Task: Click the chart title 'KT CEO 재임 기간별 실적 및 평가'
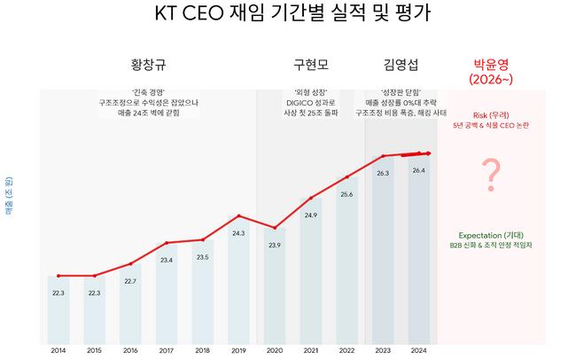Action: pos(288,16)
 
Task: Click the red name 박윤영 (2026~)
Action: pos(488,71)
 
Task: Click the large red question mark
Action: pos(488,175)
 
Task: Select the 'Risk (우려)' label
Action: pos(488,115)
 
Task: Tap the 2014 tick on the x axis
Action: pos(58,350)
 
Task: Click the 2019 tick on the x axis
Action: pos(238,350)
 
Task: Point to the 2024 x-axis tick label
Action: pos(419,350)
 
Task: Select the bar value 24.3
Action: pos(238,233)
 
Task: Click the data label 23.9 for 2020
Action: pos(275,245)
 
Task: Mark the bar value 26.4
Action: pos(419,170)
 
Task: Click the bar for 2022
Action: pos(346,266)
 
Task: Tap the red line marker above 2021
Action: pos(311,198)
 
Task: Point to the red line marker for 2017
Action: pos(167,242)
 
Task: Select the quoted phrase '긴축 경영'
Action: pos(149,92)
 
